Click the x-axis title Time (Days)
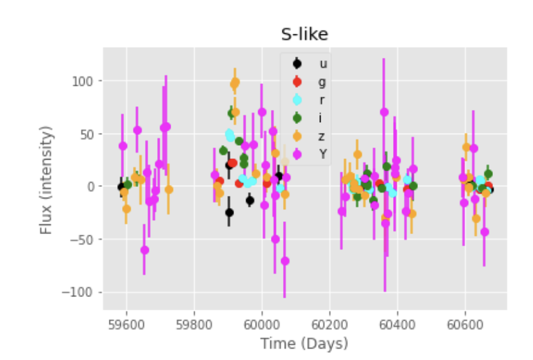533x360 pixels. click(304, 344)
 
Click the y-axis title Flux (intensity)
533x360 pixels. click(45, 180)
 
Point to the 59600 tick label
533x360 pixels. click(126, 323)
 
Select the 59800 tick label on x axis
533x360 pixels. click(194, 323)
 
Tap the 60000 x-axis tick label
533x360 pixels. click(262, 323)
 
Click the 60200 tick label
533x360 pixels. click(329, 323)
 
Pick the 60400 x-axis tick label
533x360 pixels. click(398, 323)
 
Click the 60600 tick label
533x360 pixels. click(465, 323)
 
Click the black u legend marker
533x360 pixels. click(296, 63)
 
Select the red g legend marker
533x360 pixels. click(296, 81)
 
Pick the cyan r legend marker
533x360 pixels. click(296, 99)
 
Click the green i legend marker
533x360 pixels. click(296, 117)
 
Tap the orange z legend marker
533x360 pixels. click(296, 135)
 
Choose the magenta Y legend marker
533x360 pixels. click(296, 153)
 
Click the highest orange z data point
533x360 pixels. click(235, 83)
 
